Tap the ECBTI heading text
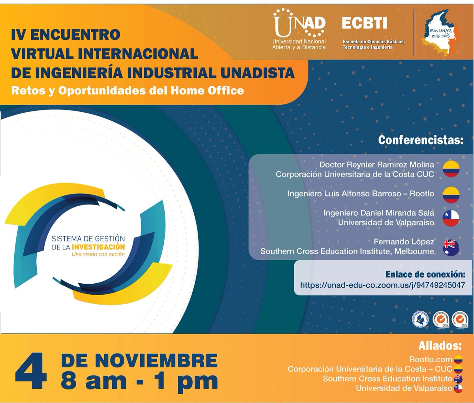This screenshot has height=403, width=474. (x=364, y=23)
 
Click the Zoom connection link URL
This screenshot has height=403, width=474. (x=382, y=285)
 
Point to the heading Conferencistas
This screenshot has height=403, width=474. (x=420, y=140)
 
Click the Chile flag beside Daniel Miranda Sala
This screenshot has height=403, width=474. (x=451, y=218)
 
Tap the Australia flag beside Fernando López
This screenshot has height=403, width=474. (x=451, y=247)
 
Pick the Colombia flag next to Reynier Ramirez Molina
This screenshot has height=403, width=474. (x=451, y=169)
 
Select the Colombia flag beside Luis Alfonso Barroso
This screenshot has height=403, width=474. (x=451, y=194)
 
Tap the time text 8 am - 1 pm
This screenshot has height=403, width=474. (x=139, y=381)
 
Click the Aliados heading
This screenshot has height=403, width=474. (x=440, y=346)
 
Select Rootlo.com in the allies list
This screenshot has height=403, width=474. (x=431, y=359)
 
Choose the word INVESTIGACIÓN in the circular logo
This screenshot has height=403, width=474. (x=98, y=247)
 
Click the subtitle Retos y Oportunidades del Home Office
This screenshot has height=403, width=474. (x=127, y=90)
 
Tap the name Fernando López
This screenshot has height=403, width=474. (x=404, y=241)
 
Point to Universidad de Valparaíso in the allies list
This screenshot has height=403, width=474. (x=404, y=388)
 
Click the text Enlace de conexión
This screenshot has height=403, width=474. (x=425, y=274)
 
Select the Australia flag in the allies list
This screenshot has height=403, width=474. (x=458, y=379)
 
